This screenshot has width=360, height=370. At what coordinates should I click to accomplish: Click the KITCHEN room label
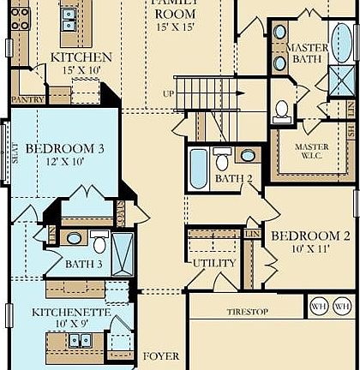point(81,57)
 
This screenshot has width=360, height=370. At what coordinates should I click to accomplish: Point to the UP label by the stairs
point(169,93)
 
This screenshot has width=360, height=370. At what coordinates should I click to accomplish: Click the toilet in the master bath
point(282,110)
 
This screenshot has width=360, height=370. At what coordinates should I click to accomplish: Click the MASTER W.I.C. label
point(312,152)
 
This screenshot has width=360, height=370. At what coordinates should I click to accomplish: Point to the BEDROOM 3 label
point(64,148)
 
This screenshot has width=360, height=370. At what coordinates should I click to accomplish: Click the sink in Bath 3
point(75,239)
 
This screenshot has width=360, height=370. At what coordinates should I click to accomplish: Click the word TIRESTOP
point(244,313)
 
